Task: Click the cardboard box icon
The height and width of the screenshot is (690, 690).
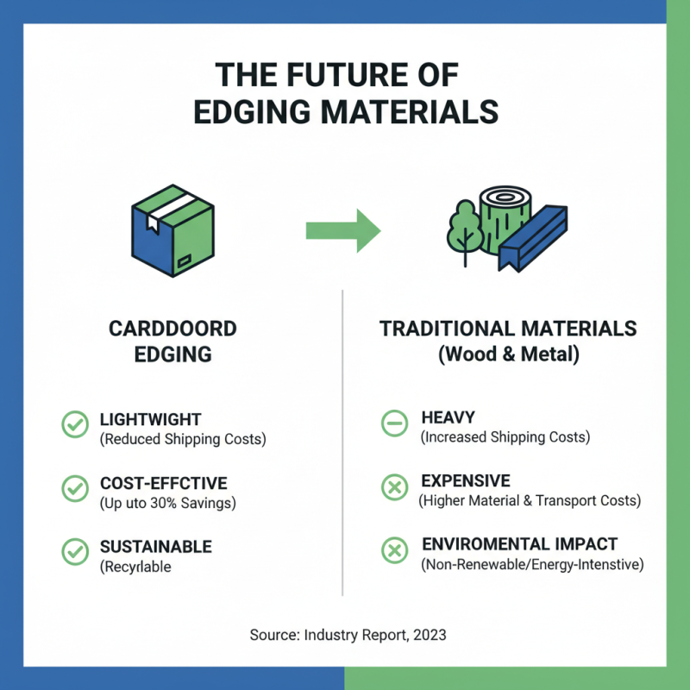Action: (x=172, y=229)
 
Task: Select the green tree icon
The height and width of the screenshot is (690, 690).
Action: (x=463, y=229)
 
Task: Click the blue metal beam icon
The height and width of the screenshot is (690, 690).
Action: (x=533, y=236)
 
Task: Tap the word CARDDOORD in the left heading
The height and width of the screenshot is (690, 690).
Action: (x=172, y=329)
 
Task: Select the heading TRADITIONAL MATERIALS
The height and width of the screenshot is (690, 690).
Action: (x=508, y=329)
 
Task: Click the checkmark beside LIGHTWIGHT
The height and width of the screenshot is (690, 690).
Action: (x=75, y=424)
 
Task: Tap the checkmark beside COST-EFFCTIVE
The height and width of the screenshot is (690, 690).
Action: (x=75, y=488)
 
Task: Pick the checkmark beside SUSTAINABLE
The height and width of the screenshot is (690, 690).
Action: (x=75, y=552)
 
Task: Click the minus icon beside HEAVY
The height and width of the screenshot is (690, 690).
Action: (x=394, y=424)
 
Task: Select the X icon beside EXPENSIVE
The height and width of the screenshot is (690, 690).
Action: (x=394, y=488)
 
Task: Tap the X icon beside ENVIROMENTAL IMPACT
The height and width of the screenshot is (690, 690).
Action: (x=394, y=552)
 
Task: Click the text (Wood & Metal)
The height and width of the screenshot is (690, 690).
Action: (x=508, y=354)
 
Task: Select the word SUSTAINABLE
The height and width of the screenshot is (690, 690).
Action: (x=155, y=547)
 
